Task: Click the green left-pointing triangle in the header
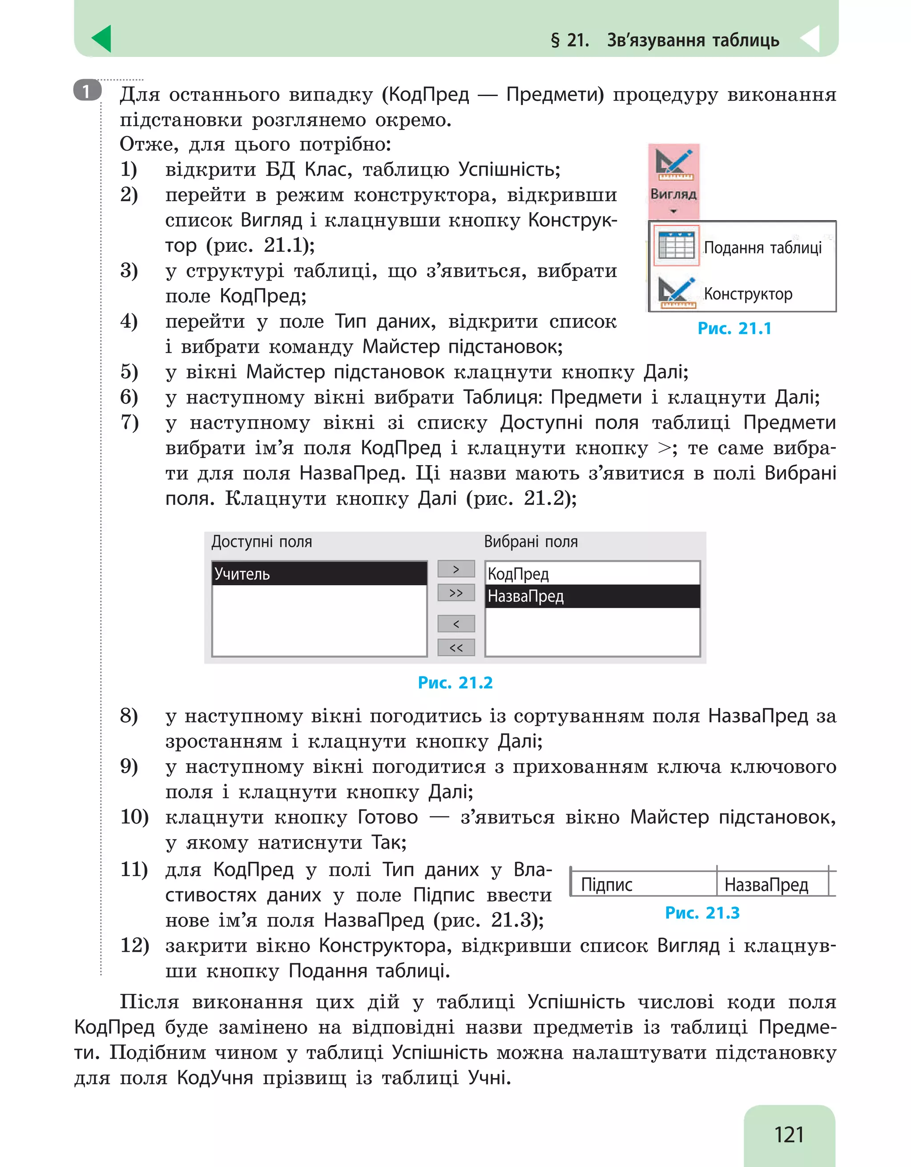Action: (101, 39)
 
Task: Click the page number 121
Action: (789, 1134)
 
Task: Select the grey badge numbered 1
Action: (87, 91)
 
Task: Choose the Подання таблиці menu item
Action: (762, 247)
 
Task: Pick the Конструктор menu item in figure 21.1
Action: (747, 294)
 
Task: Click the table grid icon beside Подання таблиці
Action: (676, 246)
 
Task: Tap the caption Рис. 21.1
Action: (734, 328)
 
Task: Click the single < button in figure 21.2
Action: (456, 624)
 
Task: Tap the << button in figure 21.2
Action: (456, 648)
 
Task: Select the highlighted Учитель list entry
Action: (319, 573)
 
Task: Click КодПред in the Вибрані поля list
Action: (518, 573)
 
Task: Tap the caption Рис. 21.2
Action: (455, 682)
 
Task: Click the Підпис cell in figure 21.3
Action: (606, 885)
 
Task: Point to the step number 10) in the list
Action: (134, 817)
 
